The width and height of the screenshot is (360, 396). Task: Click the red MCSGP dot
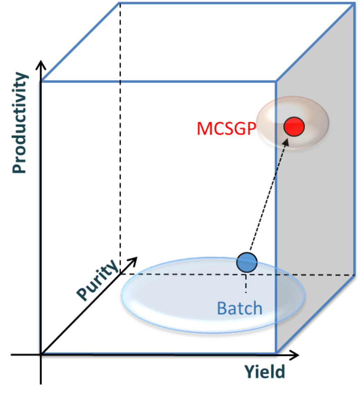pos(294,127)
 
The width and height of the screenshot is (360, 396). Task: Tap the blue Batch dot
pos(247,262)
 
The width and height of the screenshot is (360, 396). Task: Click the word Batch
pos(240,308)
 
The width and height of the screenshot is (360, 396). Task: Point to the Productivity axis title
pos(19,122)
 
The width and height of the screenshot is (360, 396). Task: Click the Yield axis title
pos(265,372)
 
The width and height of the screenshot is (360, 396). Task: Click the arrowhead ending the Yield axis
pos(295,354)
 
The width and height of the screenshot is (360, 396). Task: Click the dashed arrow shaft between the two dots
pos(268,195)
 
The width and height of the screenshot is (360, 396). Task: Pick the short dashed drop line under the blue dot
pos(246,284)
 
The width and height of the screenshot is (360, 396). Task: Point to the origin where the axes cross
pos(41,355)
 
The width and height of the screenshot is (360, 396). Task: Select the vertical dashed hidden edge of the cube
pos(120,138)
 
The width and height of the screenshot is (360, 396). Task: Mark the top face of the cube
pos(197,42)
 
